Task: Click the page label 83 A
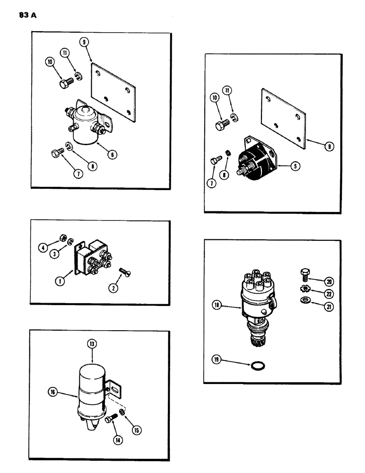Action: [x=28, y=15]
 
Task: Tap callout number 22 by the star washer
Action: [x=329, y=294]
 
